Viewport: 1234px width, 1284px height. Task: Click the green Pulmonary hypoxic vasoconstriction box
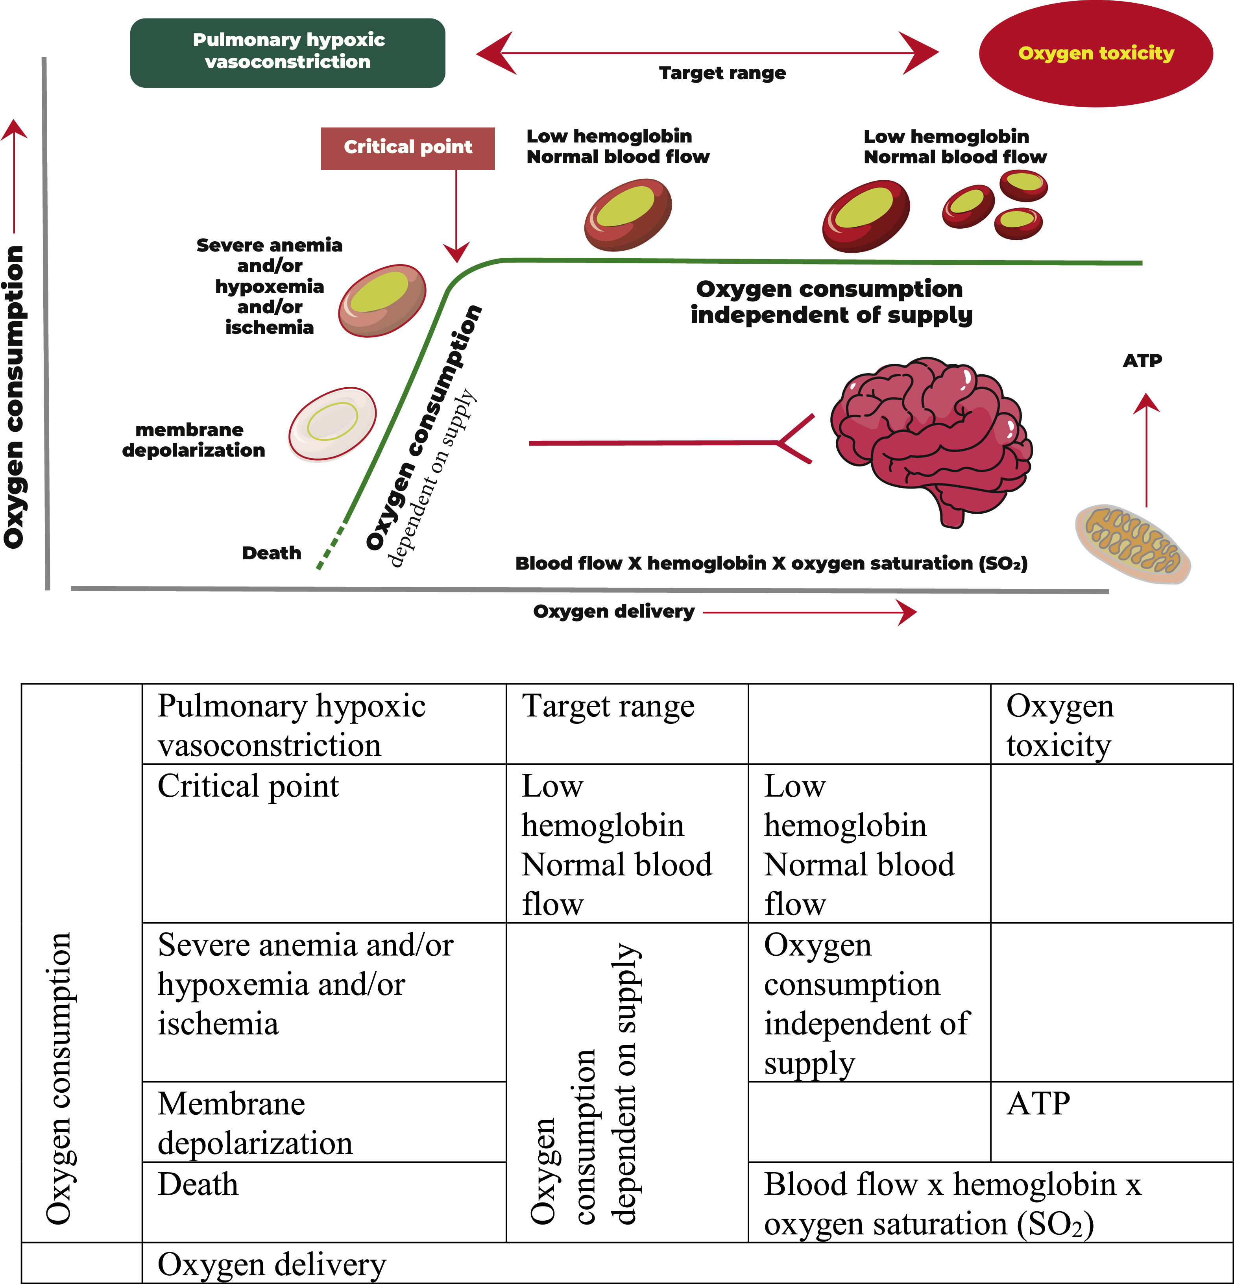pos(288,52)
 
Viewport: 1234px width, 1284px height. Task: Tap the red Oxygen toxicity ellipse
pos(1095,53)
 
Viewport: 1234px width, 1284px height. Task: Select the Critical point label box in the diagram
pos(407,148)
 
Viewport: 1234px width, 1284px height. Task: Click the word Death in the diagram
pos(271,553)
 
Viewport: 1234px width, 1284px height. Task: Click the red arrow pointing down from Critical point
pos(456,216)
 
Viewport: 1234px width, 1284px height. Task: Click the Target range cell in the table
pos(627,724)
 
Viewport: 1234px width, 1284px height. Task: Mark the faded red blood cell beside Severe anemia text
pos(382,301)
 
